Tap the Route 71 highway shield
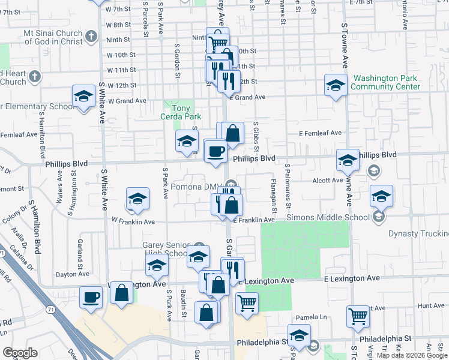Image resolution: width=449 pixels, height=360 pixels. coord(50,308)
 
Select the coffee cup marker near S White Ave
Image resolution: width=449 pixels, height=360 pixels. coord(92,296)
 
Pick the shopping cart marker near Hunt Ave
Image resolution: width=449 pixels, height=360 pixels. coord(358,315)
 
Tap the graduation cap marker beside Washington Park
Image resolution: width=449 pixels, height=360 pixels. coord(336,85)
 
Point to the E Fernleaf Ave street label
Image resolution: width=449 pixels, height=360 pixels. coord(321,133)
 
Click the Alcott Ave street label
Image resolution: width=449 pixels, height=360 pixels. coord(325,180)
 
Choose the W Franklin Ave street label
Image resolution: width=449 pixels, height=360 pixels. coord(133,221)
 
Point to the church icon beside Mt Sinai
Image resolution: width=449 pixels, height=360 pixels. coord(91,36)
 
